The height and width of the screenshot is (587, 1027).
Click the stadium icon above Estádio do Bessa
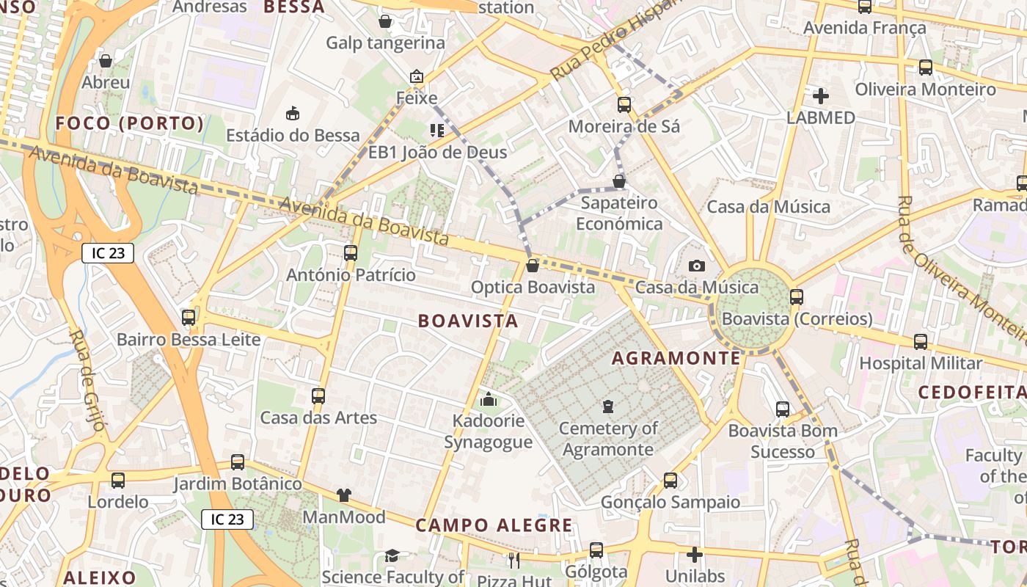click(x=293, y=113)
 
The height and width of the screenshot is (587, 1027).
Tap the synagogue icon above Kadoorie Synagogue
click(x=488, y=399)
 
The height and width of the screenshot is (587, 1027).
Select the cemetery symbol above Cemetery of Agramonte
click(x=607, y=406)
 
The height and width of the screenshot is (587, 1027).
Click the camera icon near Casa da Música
click(x=696, y=266)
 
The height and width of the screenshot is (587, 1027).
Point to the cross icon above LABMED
click(x=821, y=95)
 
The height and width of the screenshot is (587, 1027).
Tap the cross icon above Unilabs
click(x=695, y=555)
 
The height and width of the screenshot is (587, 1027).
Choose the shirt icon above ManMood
click(x=344, y=495)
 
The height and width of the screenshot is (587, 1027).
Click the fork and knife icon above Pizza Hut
click(x=513, y=561)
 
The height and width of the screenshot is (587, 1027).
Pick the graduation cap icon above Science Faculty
click(x=392, y=556)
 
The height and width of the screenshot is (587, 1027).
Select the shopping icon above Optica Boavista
click(x=533, y=266)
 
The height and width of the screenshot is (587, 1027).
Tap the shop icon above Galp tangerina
click(x=385, y=21)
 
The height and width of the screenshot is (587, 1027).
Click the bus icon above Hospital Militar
click(x=921, y=341)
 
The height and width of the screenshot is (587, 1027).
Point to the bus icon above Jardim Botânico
click(x=237, y=462)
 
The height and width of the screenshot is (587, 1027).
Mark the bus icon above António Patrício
click(x=351, y=253)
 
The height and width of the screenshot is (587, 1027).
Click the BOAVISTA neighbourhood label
click(x=468, y=321)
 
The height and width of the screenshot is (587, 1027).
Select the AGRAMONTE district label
click(x=676, y=358)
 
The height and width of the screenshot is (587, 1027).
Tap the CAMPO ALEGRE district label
click(x=494, y=525)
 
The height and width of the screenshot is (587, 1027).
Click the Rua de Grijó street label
click(x=89, y=381)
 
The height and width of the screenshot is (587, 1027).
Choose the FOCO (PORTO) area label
click(x=129, y=123)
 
